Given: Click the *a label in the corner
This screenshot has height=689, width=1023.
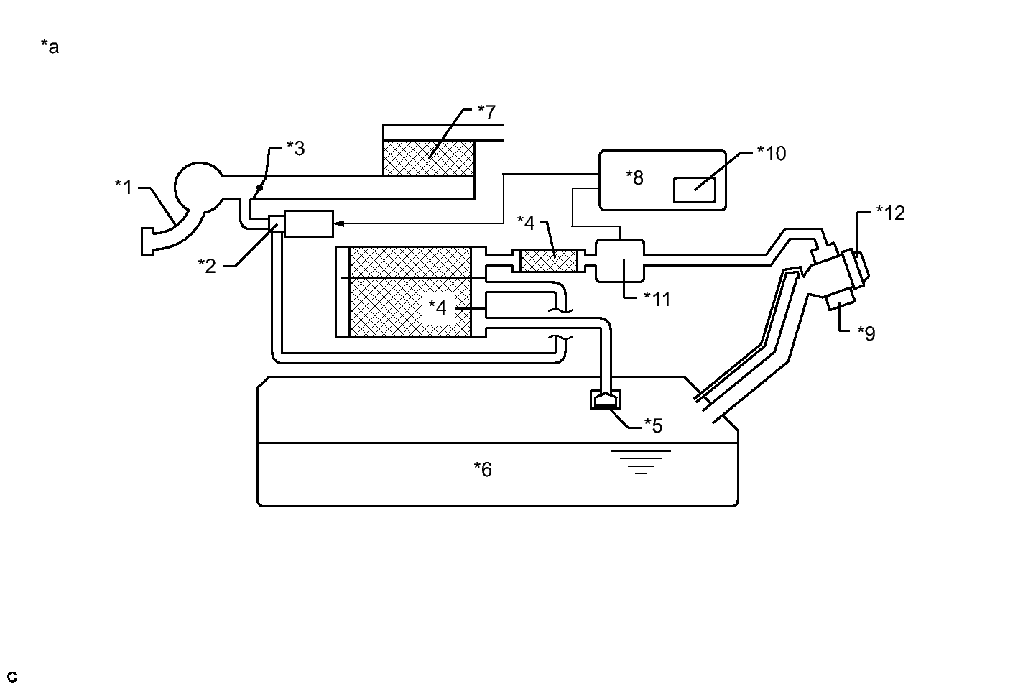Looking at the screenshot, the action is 50,47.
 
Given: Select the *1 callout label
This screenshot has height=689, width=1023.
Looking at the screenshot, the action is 124,187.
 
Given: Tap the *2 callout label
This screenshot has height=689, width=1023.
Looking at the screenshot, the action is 207,266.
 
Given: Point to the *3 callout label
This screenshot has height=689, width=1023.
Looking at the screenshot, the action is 295,148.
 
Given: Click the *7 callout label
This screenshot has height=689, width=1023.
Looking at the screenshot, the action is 486,112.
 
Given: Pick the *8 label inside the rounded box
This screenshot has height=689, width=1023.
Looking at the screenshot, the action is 634,177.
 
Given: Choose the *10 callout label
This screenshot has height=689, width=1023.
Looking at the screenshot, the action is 772,154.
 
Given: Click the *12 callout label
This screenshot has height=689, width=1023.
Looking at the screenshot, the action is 890,213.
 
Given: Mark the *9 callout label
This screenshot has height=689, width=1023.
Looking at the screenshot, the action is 866,333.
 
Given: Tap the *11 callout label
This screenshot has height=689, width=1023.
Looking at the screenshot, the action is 657,299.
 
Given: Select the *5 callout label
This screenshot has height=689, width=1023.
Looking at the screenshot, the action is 653,425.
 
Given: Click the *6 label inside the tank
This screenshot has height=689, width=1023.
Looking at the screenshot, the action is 483,469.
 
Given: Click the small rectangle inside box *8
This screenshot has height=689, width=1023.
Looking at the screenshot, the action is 694,190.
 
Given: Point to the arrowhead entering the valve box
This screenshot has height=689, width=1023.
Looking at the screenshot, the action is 339,223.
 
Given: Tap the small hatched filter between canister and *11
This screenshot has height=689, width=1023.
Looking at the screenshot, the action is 548,261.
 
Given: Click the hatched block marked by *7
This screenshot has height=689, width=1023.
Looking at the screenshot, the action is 428,157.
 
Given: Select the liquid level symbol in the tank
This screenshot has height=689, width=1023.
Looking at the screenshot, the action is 641,462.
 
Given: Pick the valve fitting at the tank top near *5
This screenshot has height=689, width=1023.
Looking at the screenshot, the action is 606,399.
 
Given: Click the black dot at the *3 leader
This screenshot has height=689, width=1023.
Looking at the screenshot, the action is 259,188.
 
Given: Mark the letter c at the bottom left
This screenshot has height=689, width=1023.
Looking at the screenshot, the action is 12,676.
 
